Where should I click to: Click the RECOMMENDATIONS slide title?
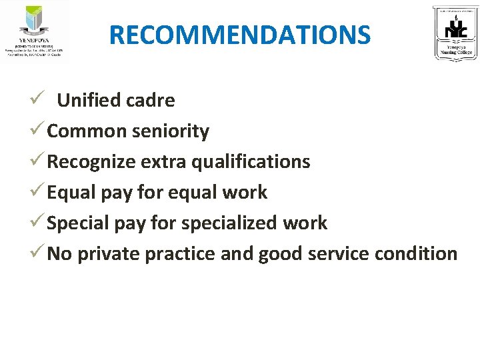point(239,35)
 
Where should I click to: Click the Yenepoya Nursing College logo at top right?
point(456,33)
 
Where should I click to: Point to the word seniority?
point(170,131)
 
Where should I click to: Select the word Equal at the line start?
point(72,192)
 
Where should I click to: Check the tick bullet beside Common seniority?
point(38,131)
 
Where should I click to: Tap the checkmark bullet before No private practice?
point(38,253)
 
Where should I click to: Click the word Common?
point(87,131)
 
